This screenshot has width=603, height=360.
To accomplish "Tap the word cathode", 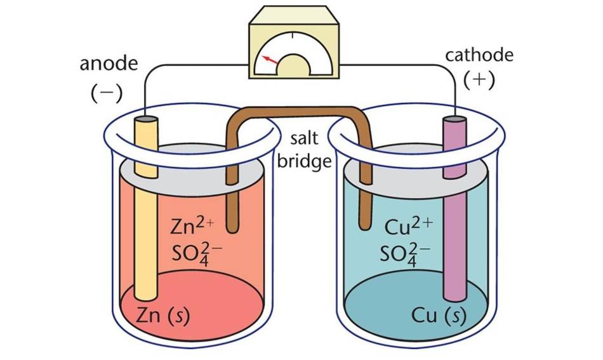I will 479,55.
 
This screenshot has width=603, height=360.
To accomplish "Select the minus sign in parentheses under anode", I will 106,93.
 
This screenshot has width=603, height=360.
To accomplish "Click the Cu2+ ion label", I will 409,225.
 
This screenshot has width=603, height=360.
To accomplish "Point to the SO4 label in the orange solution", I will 195,253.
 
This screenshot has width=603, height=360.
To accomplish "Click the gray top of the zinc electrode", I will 145,119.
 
